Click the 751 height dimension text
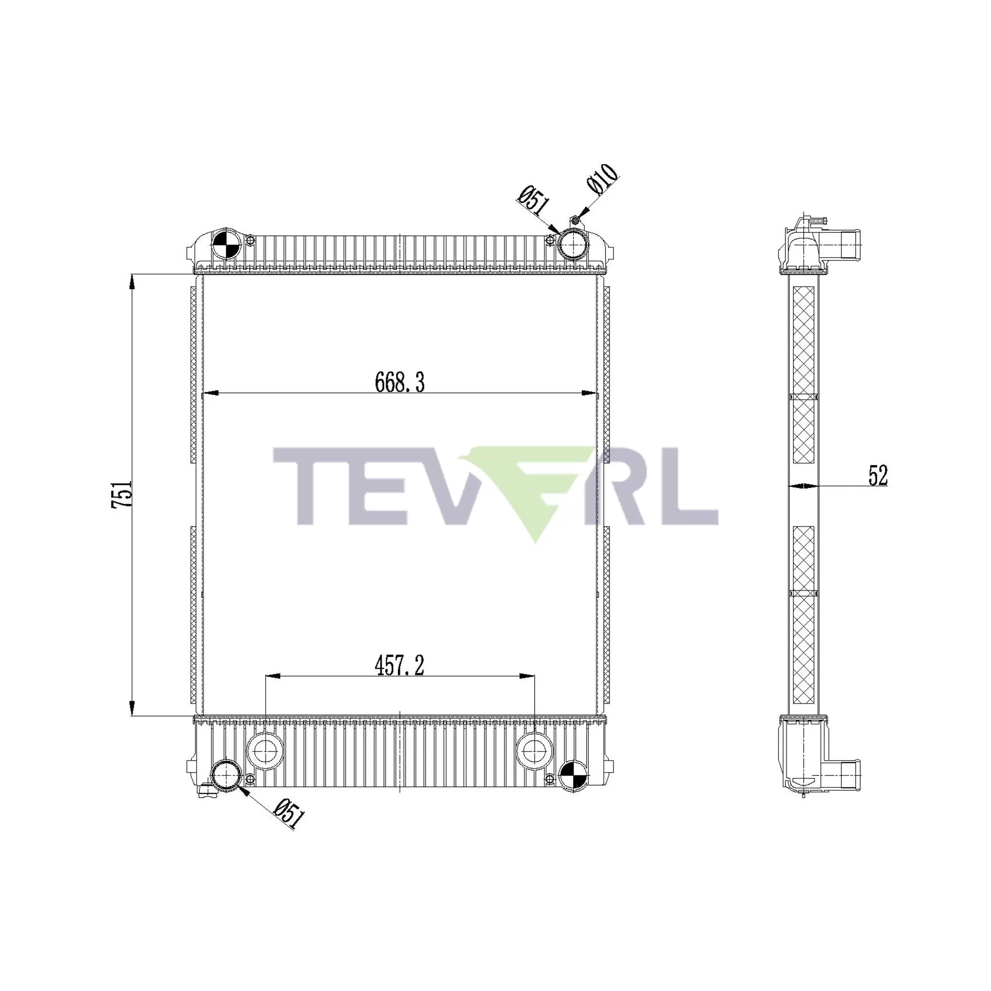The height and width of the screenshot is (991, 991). [x=122, y=495]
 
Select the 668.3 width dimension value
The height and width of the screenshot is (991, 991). [x=399, y=383]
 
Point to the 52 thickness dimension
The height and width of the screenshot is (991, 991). [x=878, y=476]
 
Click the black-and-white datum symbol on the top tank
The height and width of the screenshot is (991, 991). [x=225, y=245]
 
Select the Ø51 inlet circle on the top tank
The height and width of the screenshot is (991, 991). [x=571, y=245]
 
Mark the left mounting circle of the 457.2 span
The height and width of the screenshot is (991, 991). [x=265, y=752]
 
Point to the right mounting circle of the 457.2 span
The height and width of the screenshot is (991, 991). [x=535, y=752]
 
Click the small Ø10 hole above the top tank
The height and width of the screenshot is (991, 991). [x=575, y=220]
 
